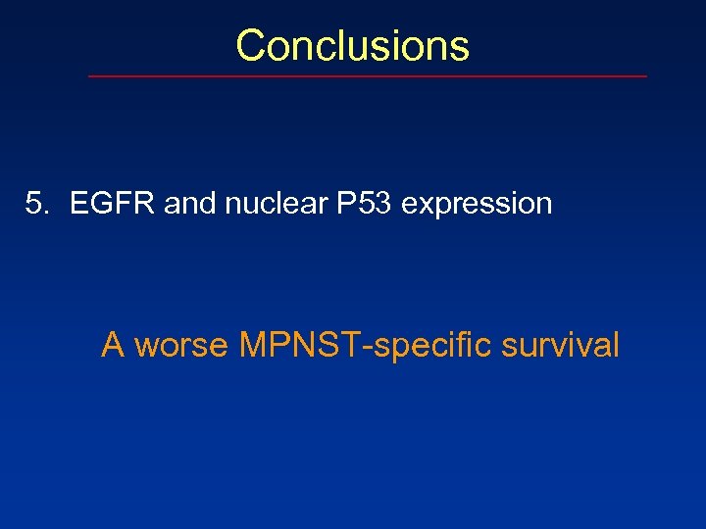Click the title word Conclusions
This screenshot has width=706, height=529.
click(x=352, y=45)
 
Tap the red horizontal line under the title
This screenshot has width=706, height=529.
click(x=368, y=76)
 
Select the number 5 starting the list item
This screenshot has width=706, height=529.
click(x=34, y=204)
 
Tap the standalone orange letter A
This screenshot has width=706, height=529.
click(x=113, y=345)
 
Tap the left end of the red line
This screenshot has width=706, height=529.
click(x=91, y=76)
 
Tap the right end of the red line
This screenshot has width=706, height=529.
click(x=645, y=76)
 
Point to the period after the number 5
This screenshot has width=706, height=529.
click(x=44, y=212)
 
